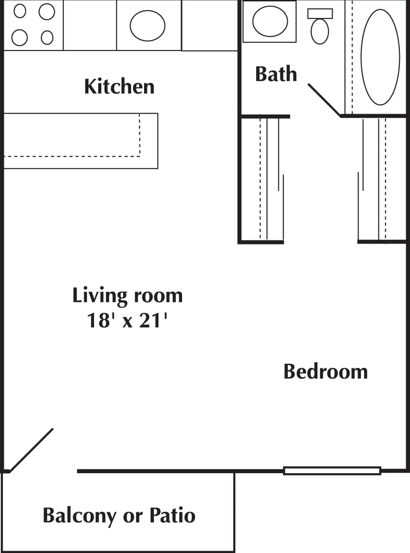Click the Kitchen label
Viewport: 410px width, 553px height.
[119, 87]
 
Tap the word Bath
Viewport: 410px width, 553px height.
[276, 74]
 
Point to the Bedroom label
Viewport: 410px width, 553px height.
[325, 372]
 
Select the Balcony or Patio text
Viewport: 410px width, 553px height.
[119, 515]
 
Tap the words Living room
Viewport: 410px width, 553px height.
[127, 296]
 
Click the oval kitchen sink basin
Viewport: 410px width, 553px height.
[147, 25]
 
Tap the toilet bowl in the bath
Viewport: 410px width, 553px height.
[320, 31]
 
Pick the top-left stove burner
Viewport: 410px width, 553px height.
[20, 11]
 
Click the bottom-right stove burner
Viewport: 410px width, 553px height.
[47, 37]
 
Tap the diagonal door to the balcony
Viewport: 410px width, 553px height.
[32, 450]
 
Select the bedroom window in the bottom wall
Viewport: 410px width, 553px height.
[332, 471]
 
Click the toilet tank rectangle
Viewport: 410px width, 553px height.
[320, 13]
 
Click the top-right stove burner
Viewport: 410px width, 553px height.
[46, 12]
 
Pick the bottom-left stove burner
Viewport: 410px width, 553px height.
[19, 38]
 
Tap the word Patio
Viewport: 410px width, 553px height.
[172, 515]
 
